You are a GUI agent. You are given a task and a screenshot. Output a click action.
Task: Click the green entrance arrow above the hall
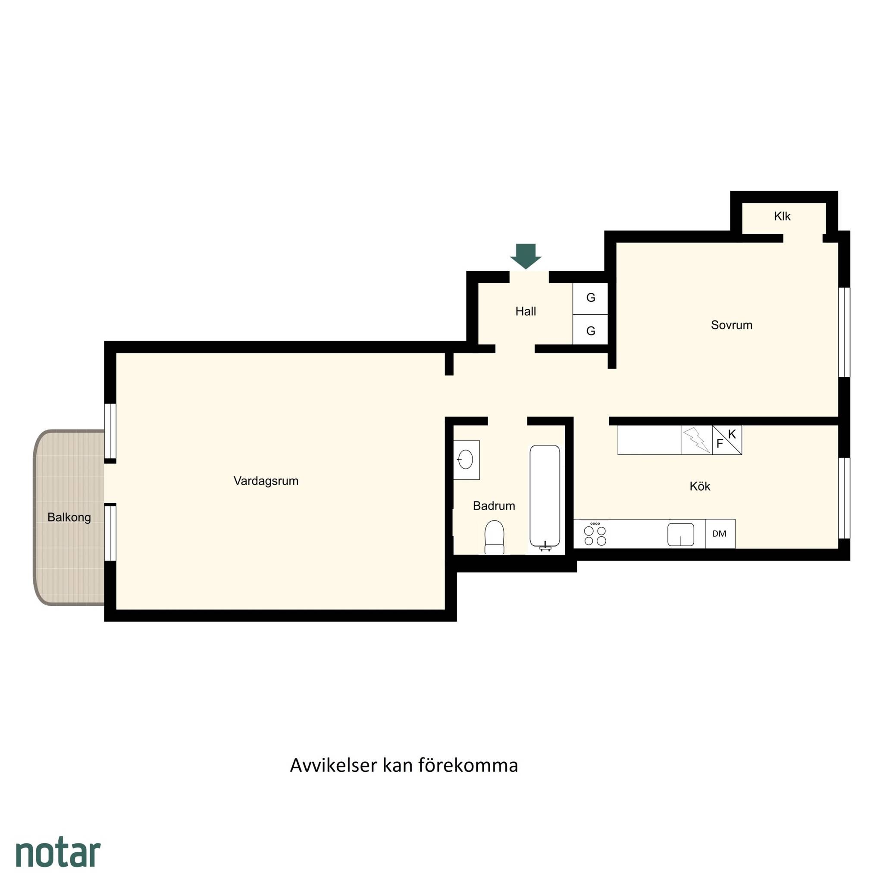click(526, 256)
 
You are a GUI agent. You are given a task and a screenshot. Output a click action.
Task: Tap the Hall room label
click(526, 311)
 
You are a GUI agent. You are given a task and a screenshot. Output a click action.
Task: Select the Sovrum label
click(731, 325)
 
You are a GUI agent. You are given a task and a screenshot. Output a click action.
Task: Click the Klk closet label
click(782, 216)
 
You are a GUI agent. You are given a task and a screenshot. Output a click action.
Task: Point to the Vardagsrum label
click(266, 481)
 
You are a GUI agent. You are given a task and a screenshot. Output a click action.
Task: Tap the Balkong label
click(69, 517)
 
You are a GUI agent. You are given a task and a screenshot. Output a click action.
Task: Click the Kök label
click(700, 486)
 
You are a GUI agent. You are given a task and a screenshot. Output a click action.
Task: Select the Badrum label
click(494, 506)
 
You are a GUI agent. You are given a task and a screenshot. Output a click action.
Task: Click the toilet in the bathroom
click(494, 538)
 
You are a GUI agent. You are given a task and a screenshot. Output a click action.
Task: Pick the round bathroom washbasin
click(465, 459)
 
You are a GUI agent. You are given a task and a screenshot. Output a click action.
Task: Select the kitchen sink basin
click(680, 534)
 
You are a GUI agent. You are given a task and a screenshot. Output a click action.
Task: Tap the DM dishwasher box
click(720, 533)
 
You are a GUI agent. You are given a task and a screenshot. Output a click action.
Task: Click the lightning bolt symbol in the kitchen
click(696, 440)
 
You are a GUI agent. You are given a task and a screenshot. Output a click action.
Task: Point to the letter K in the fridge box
click(732, 434)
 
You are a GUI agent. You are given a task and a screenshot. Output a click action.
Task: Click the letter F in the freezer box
click(720, 444)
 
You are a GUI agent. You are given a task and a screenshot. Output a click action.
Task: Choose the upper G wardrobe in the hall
click(591, 298)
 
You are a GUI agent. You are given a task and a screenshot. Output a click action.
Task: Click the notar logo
click(58, 852)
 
